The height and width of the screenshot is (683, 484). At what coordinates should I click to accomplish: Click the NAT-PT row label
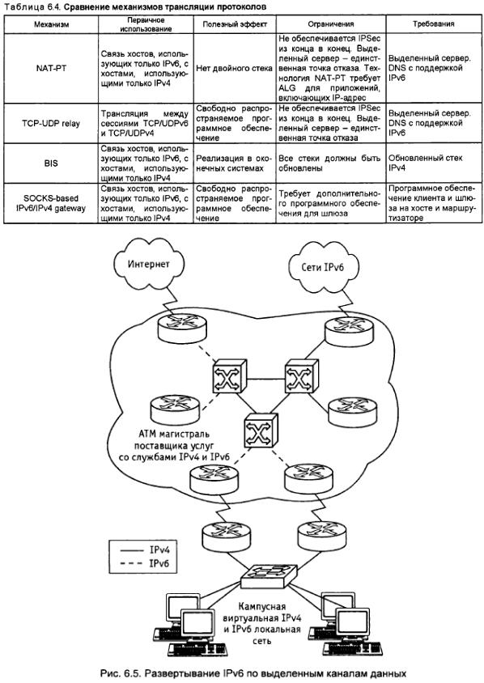pyautogui.click(x=51, y=69)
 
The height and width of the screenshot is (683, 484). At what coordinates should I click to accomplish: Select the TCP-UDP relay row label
pyautogui.click(x=51, y=124)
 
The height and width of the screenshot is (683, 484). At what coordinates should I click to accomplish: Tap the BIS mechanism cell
pyautogui.click(x=51, y=163)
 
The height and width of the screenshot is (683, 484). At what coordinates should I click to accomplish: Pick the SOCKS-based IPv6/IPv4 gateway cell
pyautogui.click(x=51, y=203)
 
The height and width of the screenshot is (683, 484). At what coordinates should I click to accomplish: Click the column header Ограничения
pyautogui.click(x=331, y=24)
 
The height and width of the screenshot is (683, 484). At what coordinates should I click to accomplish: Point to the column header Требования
pyautogui.click(x=434, y=24)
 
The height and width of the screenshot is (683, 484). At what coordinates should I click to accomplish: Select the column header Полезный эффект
pyautogui.click(x=235, y=24)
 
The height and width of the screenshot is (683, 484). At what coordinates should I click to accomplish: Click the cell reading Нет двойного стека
pyautogui.click(x=235, y=69)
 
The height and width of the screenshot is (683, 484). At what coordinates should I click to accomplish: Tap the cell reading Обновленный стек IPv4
pyautogui.click(x=426, y=163)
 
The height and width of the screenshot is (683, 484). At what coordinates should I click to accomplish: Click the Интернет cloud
pyautogui.click(x=148, y=264)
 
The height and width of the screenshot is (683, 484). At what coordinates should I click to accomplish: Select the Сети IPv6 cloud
pyautogui.click(x=322, y=266)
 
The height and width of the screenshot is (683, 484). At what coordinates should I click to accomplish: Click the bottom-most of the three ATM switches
pyautogui.click(x=261, y=431)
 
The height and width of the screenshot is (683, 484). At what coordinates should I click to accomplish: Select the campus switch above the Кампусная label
pyautogui.click(x=269, y=575)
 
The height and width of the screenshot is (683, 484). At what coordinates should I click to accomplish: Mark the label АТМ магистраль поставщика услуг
pyautogui.click(x=174, y=439)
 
